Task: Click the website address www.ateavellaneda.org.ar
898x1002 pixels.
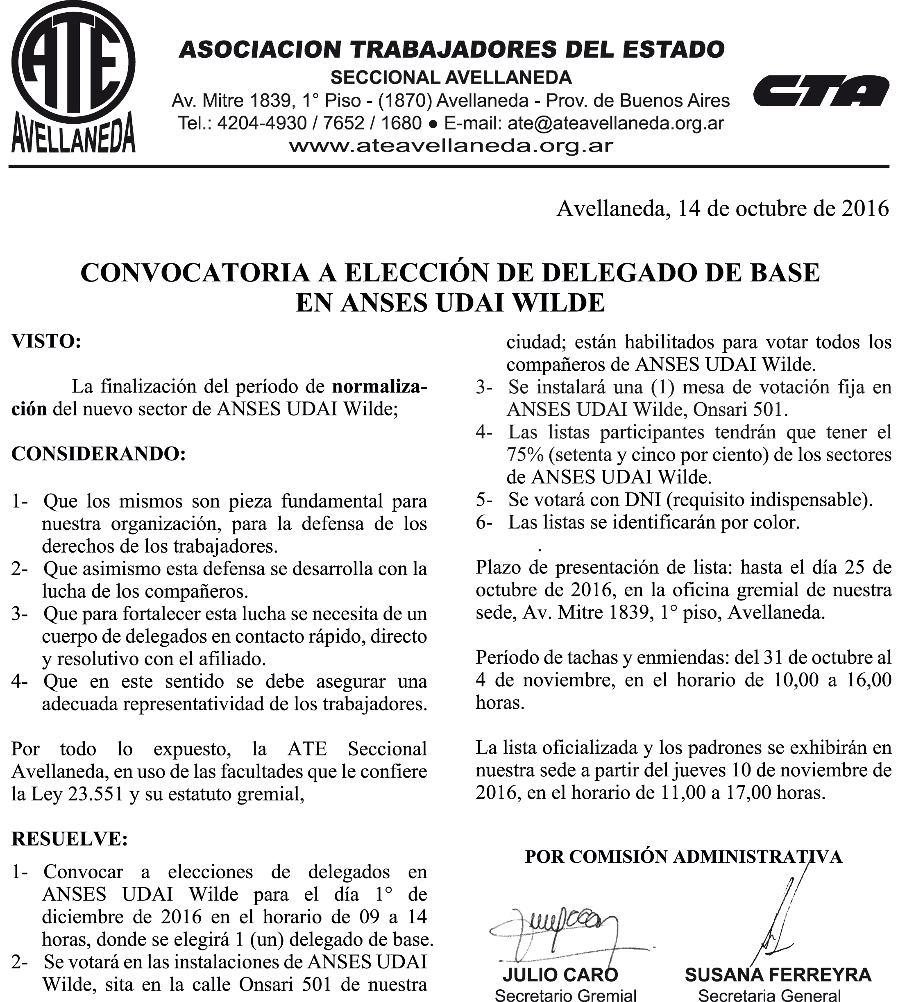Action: [x=451, y=146]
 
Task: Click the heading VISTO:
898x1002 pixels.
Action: [x=46, y=341]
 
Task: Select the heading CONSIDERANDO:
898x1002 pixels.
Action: [x=99, y=454]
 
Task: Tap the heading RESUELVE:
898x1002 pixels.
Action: [x=70, y=839]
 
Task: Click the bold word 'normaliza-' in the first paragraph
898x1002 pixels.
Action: [x=379, y=387]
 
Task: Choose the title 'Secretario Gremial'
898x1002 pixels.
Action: [x=565, y=995]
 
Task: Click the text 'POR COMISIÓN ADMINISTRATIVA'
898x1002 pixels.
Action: [x=683, y=857]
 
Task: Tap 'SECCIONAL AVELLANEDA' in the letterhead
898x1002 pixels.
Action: [x=451, y=77]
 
